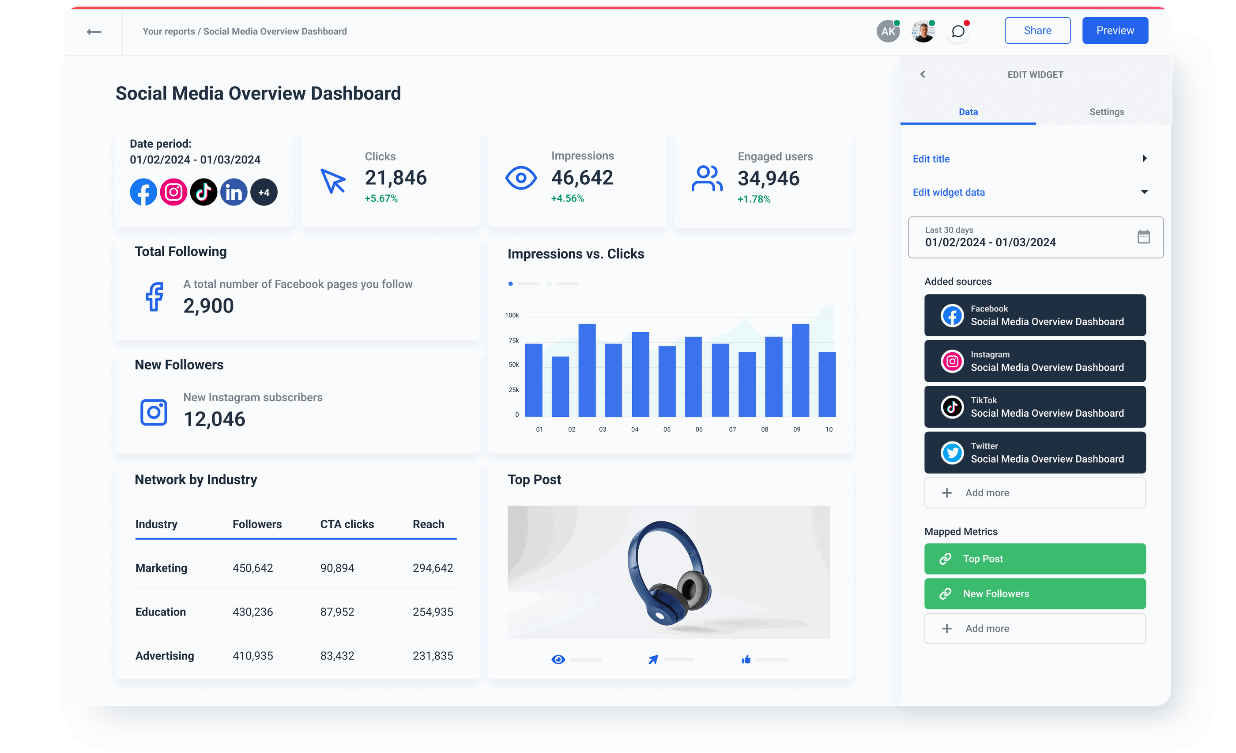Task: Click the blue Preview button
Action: [x=1115, y=30]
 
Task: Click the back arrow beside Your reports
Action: [x=94, y=32]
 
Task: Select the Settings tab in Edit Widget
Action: [x=1106, y=112]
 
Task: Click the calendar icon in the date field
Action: [x=1143, y=237]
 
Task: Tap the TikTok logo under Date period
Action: [x=203, y=192]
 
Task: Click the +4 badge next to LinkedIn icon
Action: [x=264, y=192]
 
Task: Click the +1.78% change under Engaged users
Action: [x=754, y=199]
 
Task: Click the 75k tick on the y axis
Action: [x=513, y=340]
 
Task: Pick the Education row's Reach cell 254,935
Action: [x=433, y=612]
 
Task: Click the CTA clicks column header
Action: [x=347, y=524]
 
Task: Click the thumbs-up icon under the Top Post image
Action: [x=746, y=660]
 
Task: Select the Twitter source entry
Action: [x=1034, y=453]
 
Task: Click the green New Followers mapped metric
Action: [x=1034, y=594]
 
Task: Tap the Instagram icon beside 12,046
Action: [x=154, y=413]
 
